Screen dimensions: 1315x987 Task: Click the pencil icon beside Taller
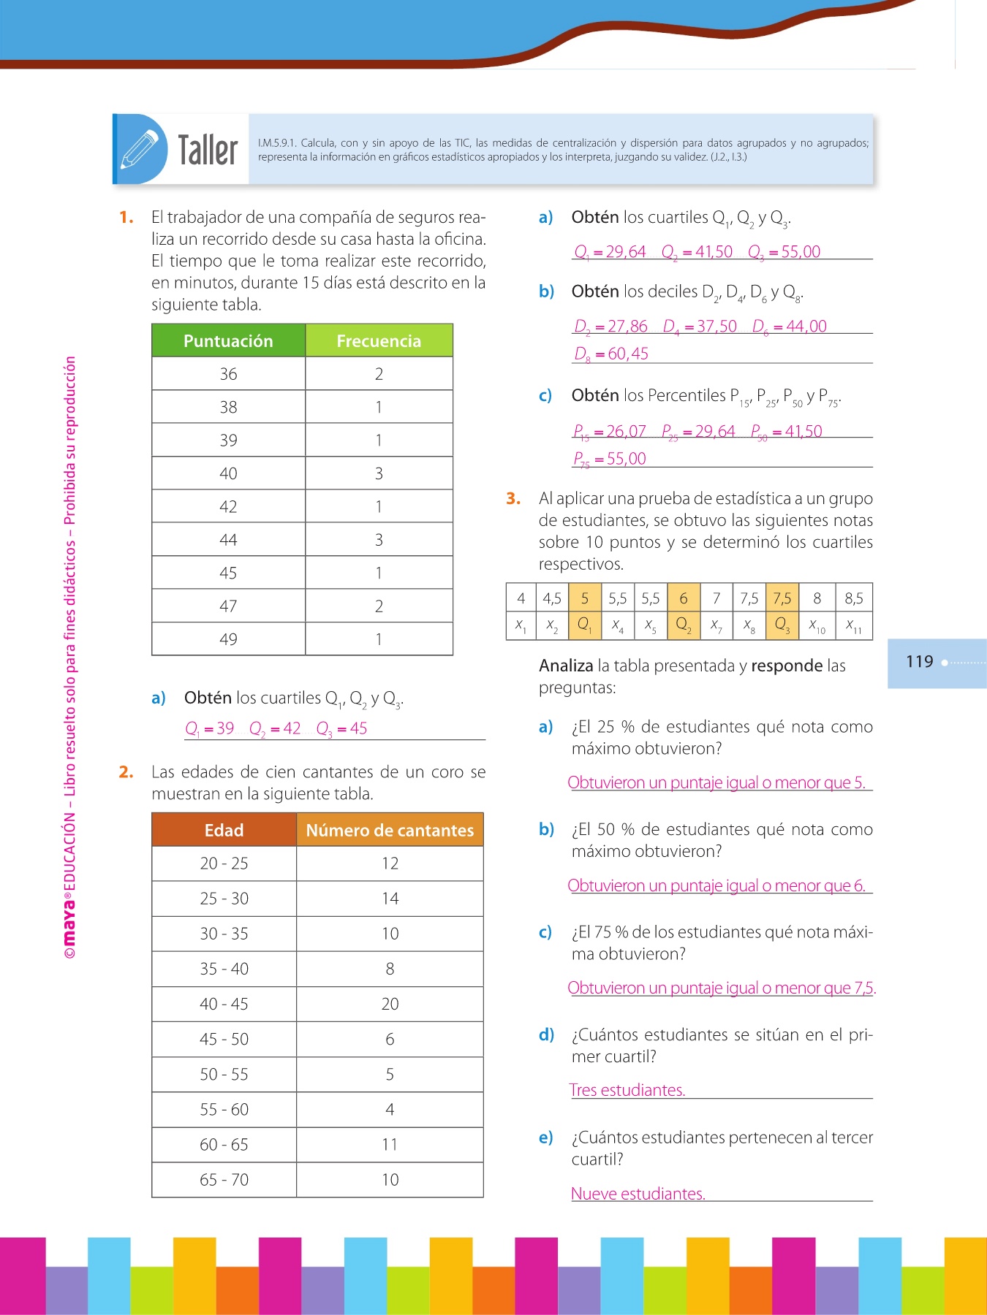pyautogui.click(x=140, y=149)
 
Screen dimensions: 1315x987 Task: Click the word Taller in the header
pyautogui.click(x=208, y=150)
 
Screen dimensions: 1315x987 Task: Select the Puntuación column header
pyautogui.click(x=228, y=341)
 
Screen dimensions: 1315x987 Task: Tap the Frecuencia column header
pyautogui.click(x=379, y=341)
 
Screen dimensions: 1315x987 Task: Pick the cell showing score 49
pyautogui.click(x=228, y=639)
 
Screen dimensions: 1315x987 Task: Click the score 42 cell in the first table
pyautogui.click(x=228, y=506)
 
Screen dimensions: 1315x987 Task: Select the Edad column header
pyautogui.click(x=224, y=830)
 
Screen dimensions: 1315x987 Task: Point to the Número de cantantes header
pyautogui.click(x=390, y=830)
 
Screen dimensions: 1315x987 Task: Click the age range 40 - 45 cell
pyautogui.click(x=224, y=1004)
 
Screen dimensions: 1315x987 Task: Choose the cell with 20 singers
pyautogui.click(x=390, y=1004)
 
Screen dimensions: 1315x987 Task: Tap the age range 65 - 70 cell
pyautogui.click(x=224, y=1180)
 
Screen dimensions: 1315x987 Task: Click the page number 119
pyautogui.click(x=920, y=662)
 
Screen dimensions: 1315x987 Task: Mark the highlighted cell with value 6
pyautogui.click(x=684, y=598)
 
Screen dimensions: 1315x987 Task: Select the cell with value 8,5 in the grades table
pyautogui.click(x=854, y=598)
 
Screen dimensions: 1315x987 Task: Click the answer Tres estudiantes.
pyautogui.click(x=627, y=1090)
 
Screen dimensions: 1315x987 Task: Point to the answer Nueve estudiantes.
pyautogui.click(x=638, y=1194)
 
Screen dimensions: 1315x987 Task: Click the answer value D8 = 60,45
pyautogui.click(x=611, y=354)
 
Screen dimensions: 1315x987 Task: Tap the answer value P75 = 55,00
pyautogui.click(x=610, y=459)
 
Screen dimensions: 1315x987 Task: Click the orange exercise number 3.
pyautogui.click(x=513, y=498)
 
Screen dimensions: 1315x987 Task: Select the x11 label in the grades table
pyautogui.click(x=854, y=625)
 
